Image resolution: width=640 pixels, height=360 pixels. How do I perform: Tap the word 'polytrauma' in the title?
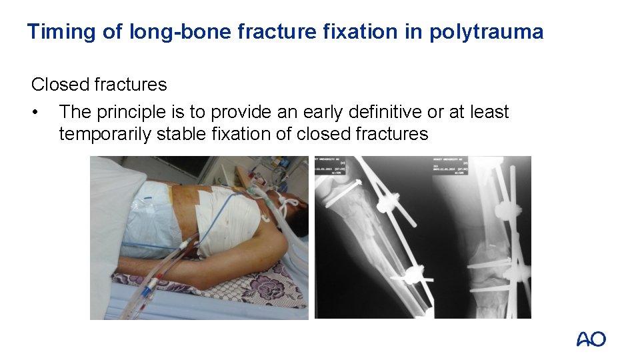click(x=486, y=31)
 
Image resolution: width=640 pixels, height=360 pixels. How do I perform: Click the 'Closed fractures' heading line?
click(x=99, y=85)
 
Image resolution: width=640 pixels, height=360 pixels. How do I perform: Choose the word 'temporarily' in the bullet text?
click(x=105, y=134)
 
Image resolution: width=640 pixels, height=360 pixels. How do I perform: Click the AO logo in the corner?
click(x=591, y=339)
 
